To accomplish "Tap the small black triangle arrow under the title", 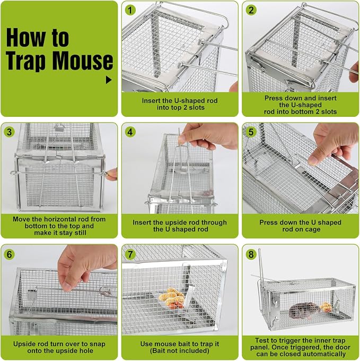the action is coord(109,80).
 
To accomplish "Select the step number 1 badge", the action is coord(130,11).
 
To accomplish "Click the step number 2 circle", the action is coord(251,11).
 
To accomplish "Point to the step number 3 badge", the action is coord(9,132).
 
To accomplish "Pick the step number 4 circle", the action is coord(130,132).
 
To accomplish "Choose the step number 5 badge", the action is coord(251,132).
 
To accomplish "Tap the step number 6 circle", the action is coord(9,254).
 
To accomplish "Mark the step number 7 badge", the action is coord(130,254).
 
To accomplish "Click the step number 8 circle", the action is coord(251,254).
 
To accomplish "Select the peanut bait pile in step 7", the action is coord(171,297).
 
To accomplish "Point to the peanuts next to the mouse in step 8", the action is coord(326,307).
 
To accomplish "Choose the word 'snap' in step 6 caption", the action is coord(99,345).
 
